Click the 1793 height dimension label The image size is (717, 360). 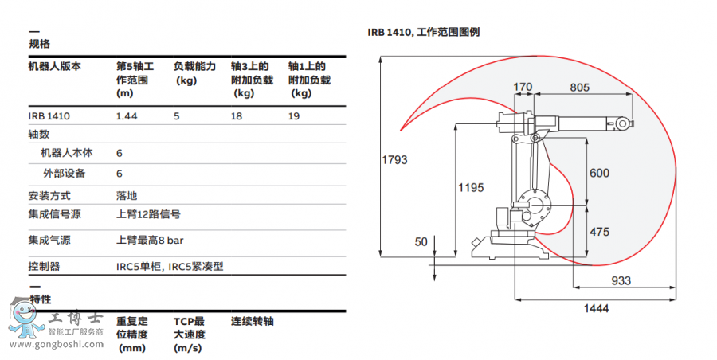[394, 160]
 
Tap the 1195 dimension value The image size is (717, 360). [471, 188]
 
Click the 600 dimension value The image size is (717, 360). [599, 174]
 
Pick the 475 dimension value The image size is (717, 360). [599, 232]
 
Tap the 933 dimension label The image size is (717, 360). [621, 281]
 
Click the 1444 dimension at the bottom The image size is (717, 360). [597, 307]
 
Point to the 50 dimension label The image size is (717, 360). [421, 241]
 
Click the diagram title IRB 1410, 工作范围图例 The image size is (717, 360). [423, 33]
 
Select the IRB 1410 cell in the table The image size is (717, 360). [49, 116]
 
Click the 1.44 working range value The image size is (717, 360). [127, 116]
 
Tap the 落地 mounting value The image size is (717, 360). [127, 195]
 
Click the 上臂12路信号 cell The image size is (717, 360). [148, 214]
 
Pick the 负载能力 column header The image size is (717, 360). [194, 67]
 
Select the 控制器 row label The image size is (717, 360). [44, 266]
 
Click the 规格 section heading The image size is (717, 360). [39, 44]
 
